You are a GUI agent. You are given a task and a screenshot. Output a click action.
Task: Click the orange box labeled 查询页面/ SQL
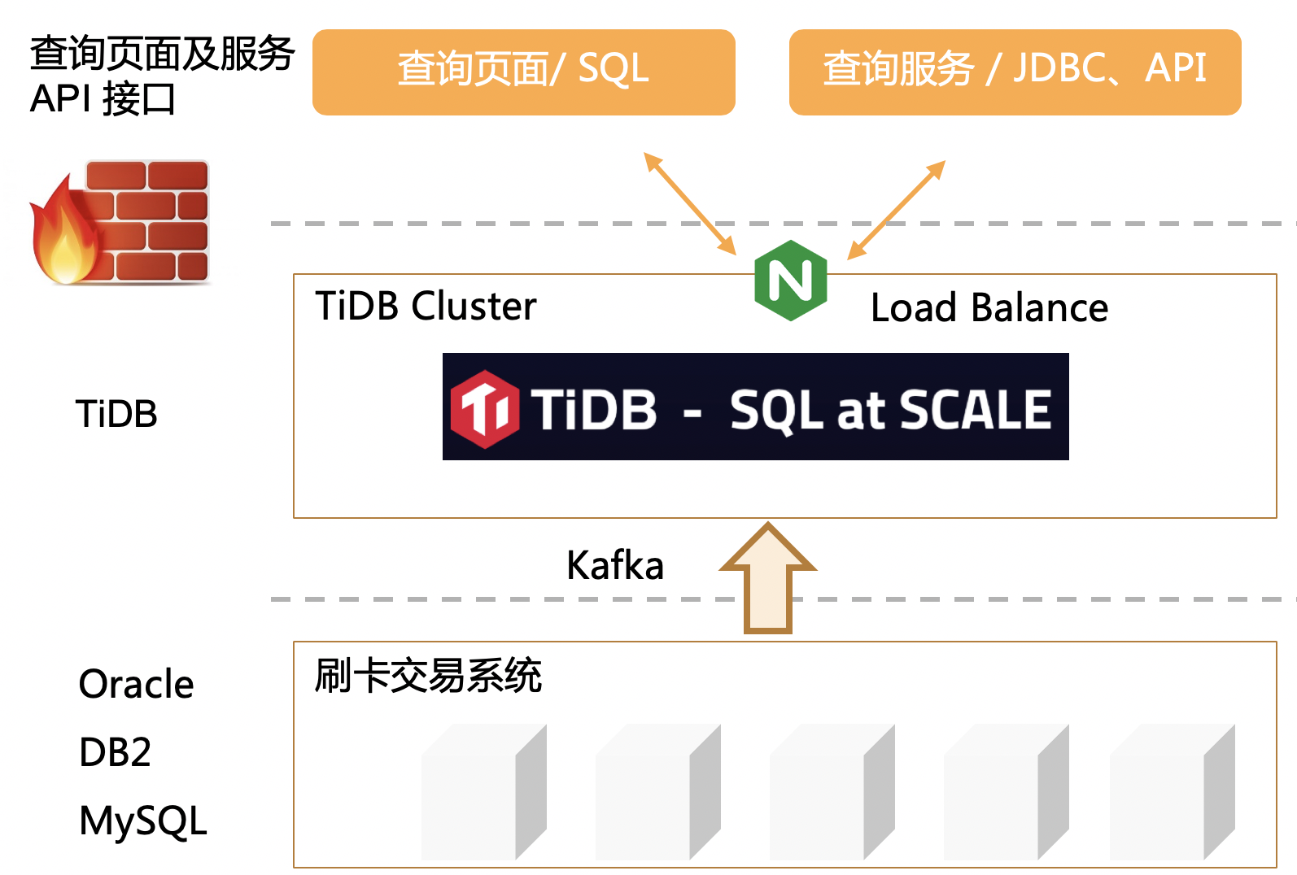pyautogui.click(x=523, y=72)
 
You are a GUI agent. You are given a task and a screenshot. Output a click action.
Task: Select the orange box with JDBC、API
pyautogui.click(x=1015, y=72)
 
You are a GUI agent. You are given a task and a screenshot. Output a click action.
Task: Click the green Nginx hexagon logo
pyautogui.click(x=790, y=281)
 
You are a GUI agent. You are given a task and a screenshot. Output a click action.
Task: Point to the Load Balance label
pyautogui.click(x=989, y=308)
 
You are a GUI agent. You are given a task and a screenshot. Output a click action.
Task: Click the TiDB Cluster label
pyautogui.click(x=426, y=307)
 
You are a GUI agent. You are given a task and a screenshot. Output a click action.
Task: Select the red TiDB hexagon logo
pyautogui.click(x=485, y=409)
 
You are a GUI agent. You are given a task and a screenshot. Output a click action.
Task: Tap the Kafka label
pyautogui.click(x=615, y=565)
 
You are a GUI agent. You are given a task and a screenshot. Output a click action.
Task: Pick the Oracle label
pyautogui.click(x=137, y=684)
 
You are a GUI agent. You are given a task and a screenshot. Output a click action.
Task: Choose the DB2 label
pyautogui.click(x=116, y=752)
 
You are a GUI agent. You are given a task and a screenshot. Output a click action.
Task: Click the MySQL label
pyautogui.click(x=143, y=821)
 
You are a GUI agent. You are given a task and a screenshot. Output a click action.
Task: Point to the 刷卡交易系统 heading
pyautogui.click(x=428, y=676)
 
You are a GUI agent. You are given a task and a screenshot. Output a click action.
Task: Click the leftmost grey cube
pyautogui.click(x=483, y=794)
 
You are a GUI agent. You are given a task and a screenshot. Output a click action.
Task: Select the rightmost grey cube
pyautogui.click(x=1172, y=794)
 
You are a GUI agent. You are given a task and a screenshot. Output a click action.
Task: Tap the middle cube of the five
pyautogui.click(x=832, y=794)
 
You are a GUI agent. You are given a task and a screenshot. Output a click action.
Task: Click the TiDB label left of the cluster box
pyautogui.click(x=116, y=414)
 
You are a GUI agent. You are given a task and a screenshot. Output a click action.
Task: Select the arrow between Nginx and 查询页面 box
pyautogui.click(x=690, y=203)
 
